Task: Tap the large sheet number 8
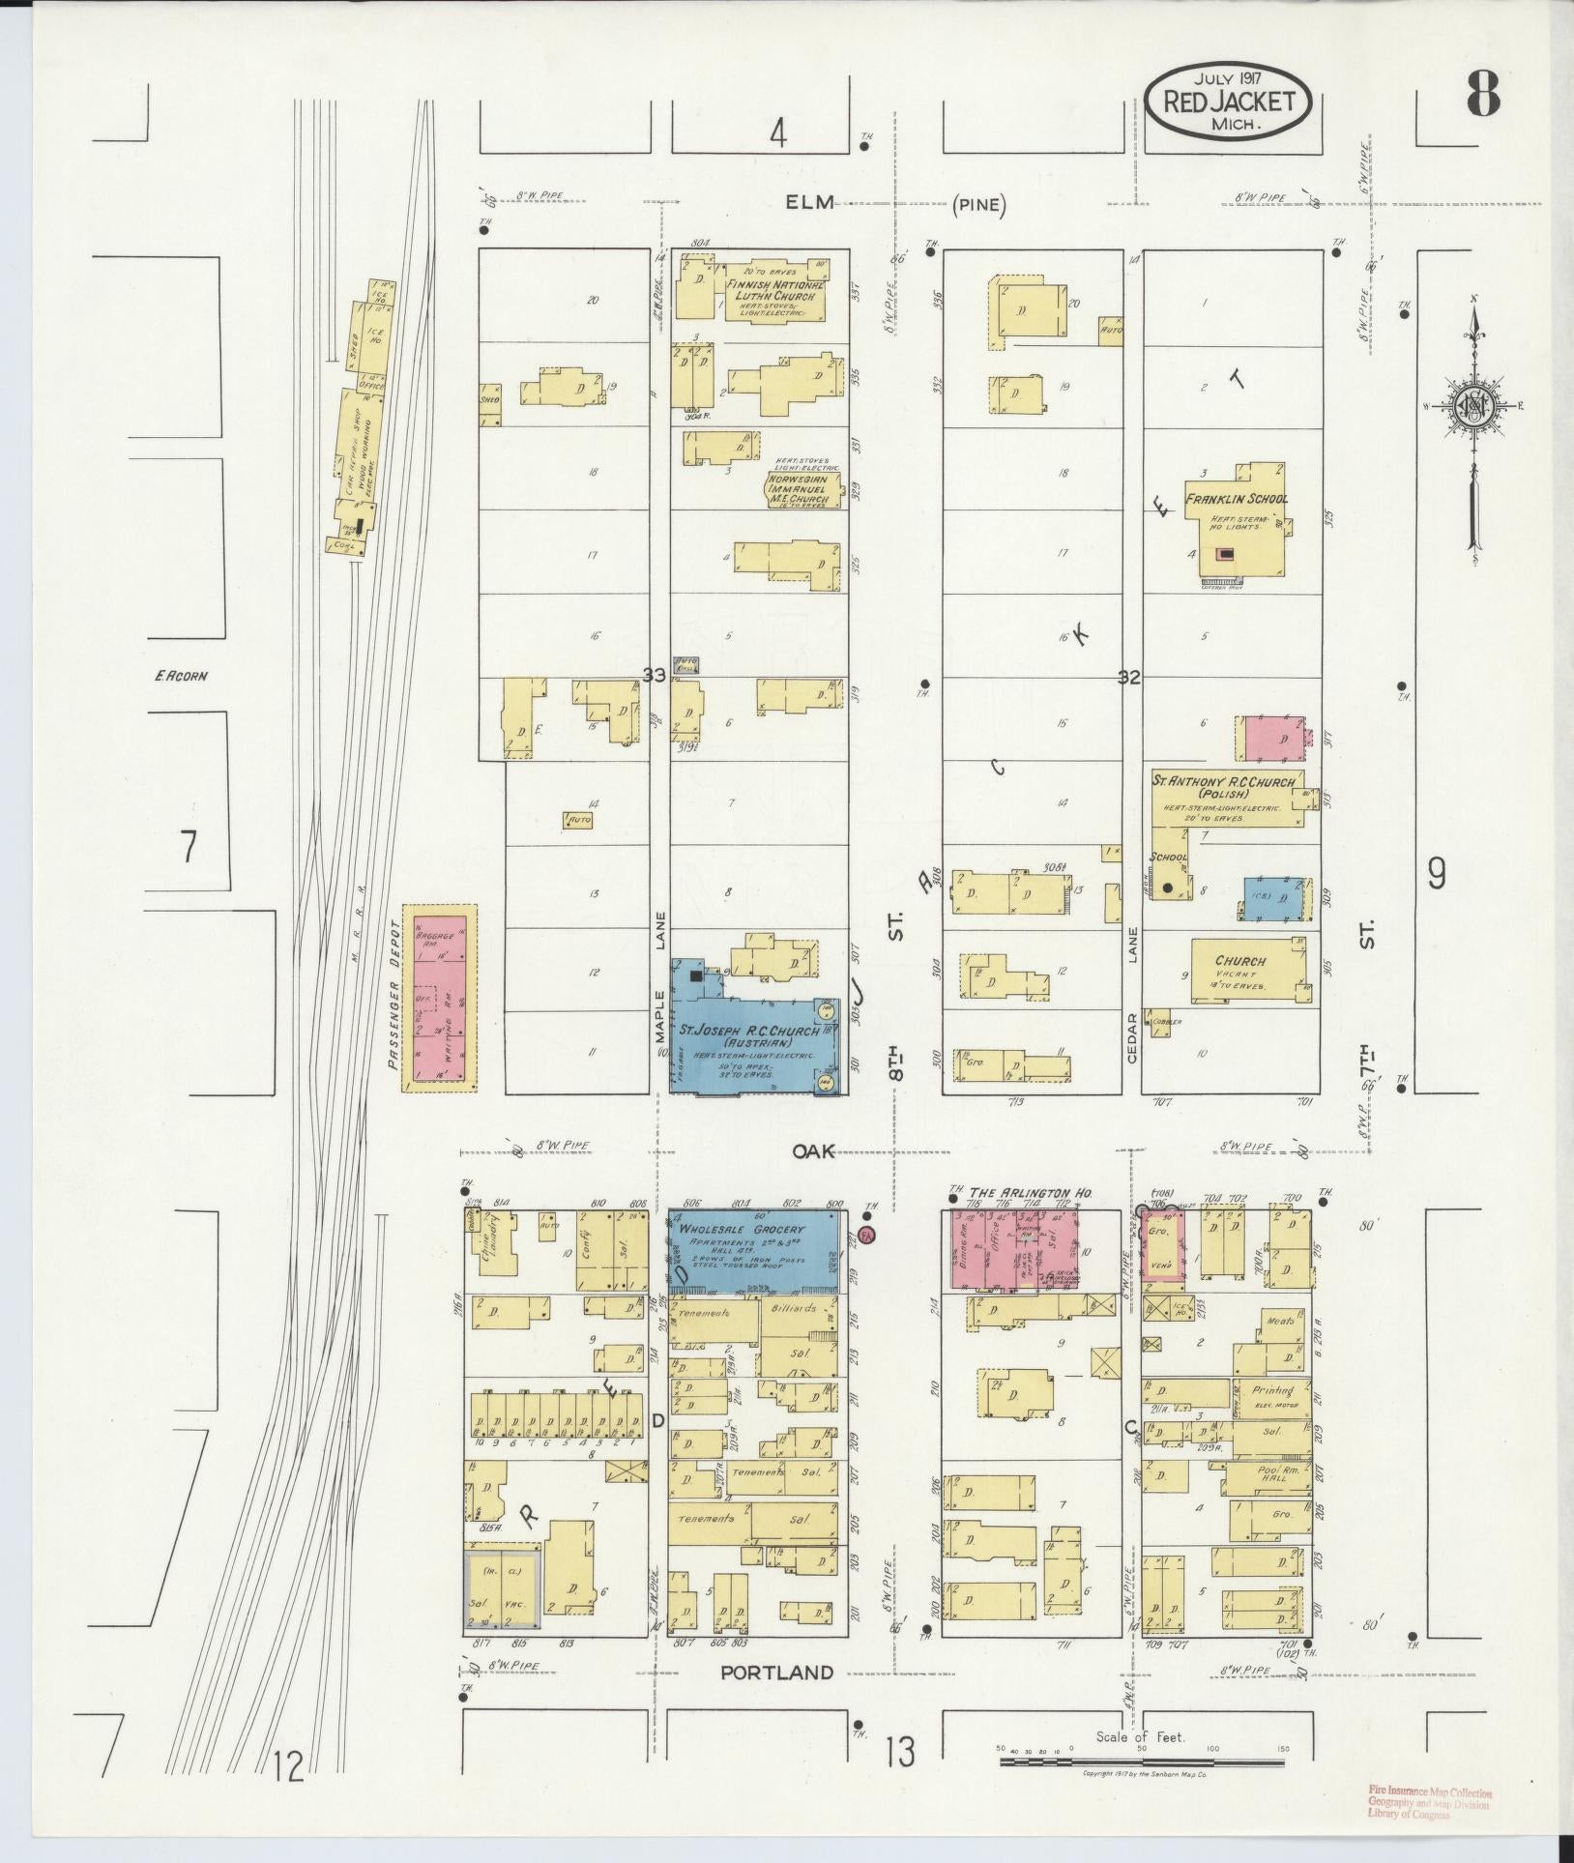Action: click(x=1482, y=95)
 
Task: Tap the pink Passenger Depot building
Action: click(x=440, y=998)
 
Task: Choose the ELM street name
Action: click(x=802, y=203)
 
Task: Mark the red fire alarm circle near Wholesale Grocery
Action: click(x=866, y=1234)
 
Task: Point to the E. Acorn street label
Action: click(x=181, y=676)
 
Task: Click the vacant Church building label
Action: click(x=1240, y=962)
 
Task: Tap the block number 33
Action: click(x=655, y=677)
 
